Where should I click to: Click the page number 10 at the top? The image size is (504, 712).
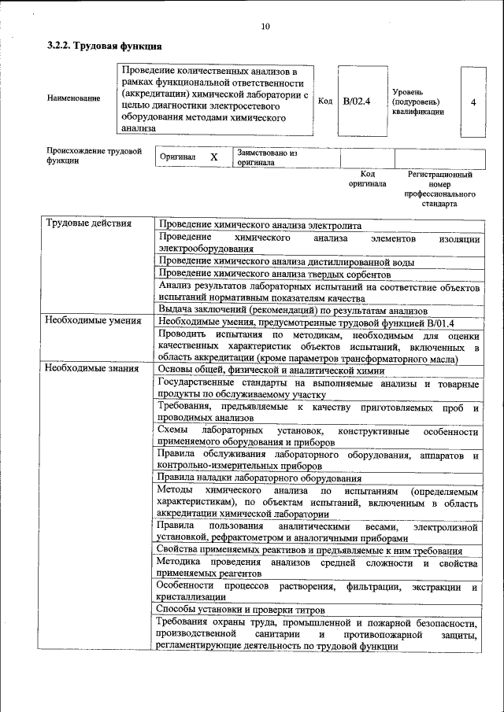(265, 27)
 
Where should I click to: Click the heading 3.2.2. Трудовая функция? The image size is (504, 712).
(105, 47)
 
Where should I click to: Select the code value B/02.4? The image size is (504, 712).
(357, 101)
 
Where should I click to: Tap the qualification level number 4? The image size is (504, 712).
(472, 102)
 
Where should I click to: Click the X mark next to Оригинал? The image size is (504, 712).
(213, 157)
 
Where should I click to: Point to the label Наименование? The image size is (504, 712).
(74, 98)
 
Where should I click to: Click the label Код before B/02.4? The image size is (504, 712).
(324, 101)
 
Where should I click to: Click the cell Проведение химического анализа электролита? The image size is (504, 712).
(260, 224)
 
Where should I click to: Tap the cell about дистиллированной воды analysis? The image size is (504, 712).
(287, 262)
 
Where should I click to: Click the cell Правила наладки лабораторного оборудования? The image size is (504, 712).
(260, 478)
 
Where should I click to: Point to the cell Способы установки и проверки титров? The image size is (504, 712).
(246, 608)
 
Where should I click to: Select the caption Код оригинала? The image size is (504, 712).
(368, 179)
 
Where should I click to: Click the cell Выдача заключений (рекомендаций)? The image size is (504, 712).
(292, 310)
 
